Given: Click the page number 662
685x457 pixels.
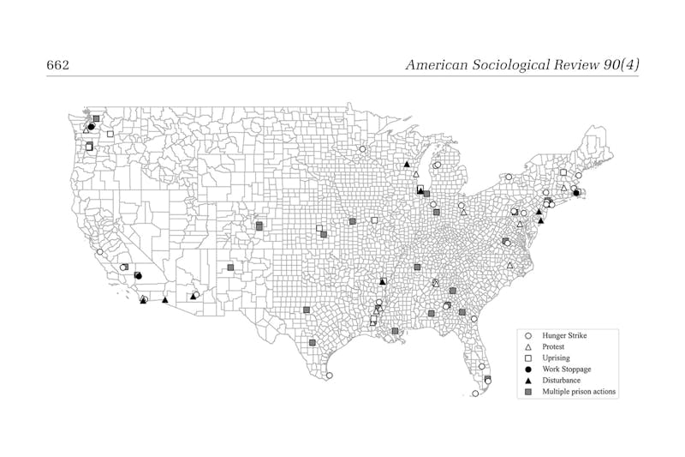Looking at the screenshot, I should coord(57,65).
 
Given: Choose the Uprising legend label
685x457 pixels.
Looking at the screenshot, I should coord(556,357).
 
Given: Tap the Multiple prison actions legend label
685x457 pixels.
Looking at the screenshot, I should coord(579,391).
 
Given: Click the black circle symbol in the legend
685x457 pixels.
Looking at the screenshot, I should coord(528,369).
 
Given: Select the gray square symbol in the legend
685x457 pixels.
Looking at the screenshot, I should coord(528,391).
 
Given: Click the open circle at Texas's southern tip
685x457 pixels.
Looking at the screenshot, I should coord(330,375).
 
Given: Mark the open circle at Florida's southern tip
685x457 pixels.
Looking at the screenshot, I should coord(475,394).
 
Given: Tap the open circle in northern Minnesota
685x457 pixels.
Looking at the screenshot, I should coord(362,149).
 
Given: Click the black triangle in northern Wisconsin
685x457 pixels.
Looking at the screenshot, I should coord(407,164).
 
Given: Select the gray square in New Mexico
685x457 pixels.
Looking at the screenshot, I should coord(230,268).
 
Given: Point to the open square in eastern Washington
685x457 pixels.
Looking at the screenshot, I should coord(110,134).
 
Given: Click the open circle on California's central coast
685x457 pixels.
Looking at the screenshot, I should coord(100,252).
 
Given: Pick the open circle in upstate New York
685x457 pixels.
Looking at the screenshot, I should coord(509,177).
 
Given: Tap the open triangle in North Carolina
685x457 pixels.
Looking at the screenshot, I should coord(509,266).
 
